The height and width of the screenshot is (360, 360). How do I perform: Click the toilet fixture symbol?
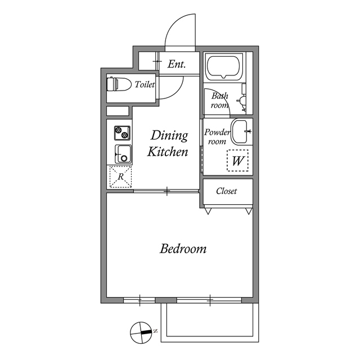[x=115, y=84]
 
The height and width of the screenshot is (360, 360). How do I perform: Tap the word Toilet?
[x=145, y=84]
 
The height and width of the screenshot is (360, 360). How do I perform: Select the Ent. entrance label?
[x=177, y=64]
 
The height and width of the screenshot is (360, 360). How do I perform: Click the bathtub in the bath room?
[x=224, y=67]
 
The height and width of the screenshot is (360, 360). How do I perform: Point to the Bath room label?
[x=219, y=101]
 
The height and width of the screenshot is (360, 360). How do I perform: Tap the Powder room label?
[x=217, y=137]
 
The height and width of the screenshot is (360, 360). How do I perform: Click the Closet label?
[x=226, y=191]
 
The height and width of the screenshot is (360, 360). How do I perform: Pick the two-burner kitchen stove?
[x=122, y=133]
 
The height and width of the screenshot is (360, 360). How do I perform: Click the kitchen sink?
[x=123, y=154]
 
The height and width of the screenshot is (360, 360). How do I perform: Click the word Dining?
[x=168, y=136]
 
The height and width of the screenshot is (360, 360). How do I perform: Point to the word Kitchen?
[x=167, y=152]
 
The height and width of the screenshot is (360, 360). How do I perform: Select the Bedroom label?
[x=183, y=248]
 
